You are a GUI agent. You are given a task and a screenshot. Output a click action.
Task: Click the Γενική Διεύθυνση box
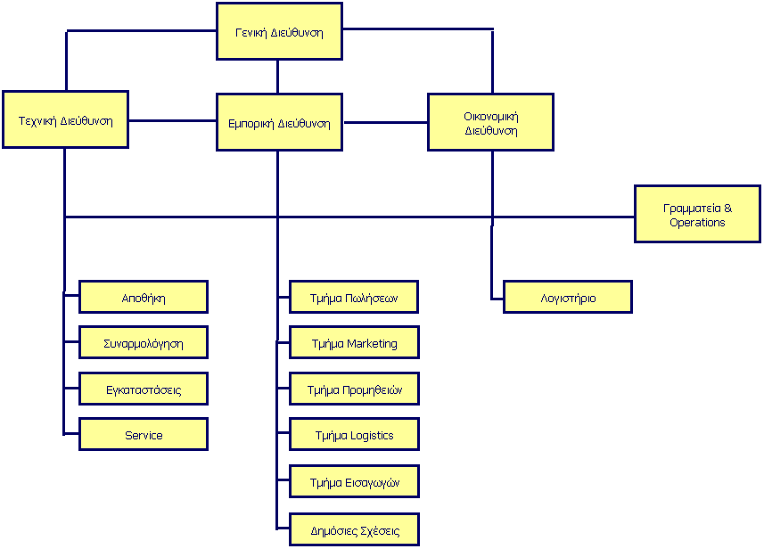click(x=278, y=32)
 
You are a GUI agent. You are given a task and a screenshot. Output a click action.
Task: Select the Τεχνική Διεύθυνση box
click(x=64, y=120)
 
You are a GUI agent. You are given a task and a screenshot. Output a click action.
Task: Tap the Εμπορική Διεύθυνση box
click(x=278, y=122)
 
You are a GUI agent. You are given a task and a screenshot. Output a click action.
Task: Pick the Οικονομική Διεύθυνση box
click(x=491, y=122)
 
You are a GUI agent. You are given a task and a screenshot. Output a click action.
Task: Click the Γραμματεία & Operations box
click(x=697, y=214)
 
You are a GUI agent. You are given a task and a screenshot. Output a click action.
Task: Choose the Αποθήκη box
click(x=144, y=298)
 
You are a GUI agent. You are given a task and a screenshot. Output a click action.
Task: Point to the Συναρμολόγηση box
click(x=144, y=343)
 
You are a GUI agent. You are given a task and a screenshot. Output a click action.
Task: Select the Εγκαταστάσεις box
click(x=144, y=389)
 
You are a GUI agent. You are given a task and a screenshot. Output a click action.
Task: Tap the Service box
click(x=144, y=435)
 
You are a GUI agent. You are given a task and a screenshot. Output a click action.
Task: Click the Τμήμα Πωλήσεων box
click(x=353, y=298)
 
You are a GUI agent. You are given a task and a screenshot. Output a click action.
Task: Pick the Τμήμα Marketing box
click(x=353, y=343)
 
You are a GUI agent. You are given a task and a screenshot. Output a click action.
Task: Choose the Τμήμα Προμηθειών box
click(x=353, y=389)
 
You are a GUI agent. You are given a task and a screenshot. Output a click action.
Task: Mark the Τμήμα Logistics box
click(x=353, y=435)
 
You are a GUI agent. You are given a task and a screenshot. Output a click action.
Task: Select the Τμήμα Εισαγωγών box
click(x=353, y=482)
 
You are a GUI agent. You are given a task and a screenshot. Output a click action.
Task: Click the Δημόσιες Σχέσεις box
click(x=353, y=530)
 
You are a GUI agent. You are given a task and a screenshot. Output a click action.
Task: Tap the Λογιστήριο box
click(x=567, y=298)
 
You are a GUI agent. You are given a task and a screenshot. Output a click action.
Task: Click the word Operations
click(x=697, y=222)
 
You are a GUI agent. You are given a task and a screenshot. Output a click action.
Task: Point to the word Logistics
click(x=372, y=435)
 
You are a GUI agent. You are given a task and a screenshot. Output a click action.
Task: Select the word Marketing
click(x=372, y=343)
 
